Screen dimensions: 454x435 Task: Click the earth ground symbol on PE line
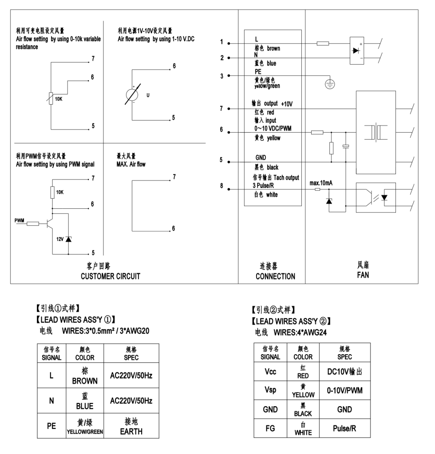point(329,86)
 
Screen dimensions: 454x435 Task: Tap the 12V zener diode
point(68,239)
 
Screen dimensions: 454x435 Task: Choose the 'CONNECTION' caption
point(275,276)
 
